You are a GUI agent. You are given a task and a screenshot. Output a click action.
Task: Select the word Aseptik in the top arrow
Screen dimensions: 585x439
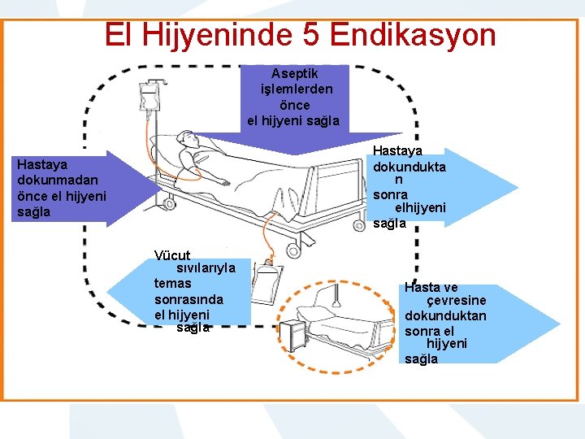pyautogui.click(x=294, y=73)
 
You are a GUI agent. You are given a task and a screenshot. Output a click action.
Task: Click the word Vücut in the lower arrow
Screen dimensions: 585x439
pyautogui.click(x=172, y=255)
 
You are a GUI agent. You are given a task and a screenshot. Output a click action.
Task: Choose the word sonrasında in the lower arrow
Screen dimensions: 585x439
pyautogui.click(x=188, y=298)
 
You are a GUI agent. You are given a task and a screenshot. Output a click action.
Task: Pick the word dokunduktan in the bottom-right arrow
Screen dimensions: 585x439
pyautogui.click(x=445, y=315)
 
